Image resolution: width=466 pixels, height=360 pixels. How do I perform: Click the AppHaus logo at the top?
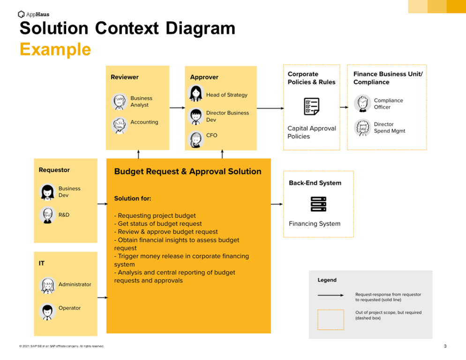pyautogui.click(x=33, y=14)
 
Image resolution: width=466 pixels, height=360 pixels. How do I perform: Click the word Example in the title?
pyautogui.click(x=55, y=49)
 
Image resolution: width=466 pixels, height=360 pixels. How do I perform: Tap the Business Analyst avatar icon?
pyautogui.click(x=120, y=102)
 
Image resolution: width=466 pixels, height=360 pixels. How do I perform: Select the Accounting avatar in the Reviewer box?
pyautogui.click(x=120, y=125)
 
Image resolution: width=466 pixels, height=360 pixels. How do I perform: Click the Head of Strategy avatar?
pyautogui.click(x=195, y=94)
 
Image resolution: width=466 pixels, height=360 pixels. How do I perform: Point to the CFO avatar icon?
pyautogui.click(x=195, y=139)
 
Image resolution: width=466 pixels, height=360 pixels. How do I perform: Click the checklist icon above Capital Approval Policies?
pyautogui.click(x=311, y=106)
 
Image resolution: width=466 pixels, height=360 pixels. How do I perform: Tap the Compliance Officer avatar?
pyautogui.click(x=362, y=104)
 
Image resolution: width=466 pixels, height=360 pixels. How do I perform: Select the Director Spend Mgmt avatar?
pyautogui.click(x=362, y=127)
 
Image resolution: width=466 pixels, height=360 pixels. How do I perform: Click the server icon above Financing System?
pyautogui.click(x=318, y=204)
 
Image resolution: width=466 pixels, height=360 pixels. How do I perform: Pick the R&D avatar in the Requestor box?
pyautogui.click(x=47, y=215)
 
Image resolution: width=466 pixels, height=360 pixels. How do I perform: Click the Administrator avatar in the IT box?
pyautogui.click(x=47, y=285)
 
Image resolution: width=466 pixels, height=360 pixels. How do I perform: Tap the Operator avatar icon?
pyautogui.click(x=47, y=311)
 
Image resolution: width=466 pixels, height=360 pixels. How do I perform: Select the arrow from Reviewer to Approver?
pyautogui.click(x=177, y=108)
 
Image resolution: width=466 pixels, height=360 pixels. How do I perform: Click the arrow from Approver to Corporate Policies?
pyautogui.click(x=270, y=108)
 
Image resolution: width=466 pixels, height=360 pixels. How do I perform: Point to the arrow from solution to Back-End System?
pyautogui.click(x=277, y=204)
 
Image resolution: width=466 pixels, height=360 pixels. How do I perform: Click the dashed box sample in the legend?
pyautogui.click(x=331, y=319)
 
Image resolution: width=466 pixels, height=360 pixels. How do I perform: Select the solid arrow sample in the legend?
pyautogui.click(x=331, y=295)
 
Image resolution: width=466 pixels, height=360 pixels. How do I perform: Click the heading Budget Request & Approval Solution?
pyautogui.click(x=188, y=172)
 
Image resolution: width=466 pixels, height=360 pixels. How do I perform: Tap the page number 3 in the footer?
pyautogui.click(x=445, y=346)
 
